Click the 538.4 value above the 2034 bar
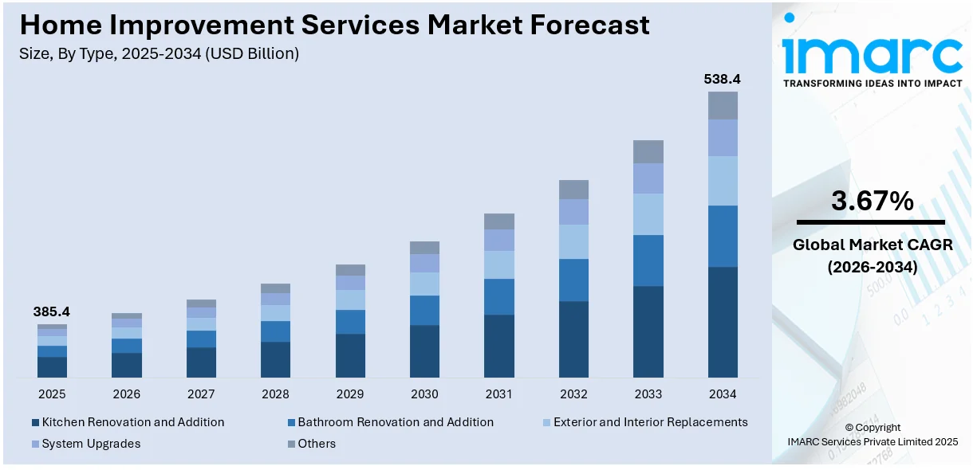click(722, 80)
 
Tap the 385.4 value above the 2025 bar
click(52, 312)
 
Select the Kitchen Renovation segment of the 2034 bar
click(723, 322)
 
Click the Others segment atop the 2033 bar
click(648, 151)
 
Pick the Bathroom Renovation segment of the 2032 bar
click(573, 280)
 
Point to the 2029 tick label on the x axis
click(350, 394)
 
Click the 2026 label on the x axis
click(126, 394)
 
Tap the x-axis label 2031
click(499, 394)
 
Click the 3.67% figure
click(872, 202)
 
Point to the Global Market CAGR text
click(872, 245)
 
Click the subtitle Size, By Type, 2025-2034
click(160, 54)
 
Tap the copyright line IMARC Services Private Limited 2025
click(872, 442)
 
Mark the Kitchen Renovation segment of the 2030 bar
click(424, 351)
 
